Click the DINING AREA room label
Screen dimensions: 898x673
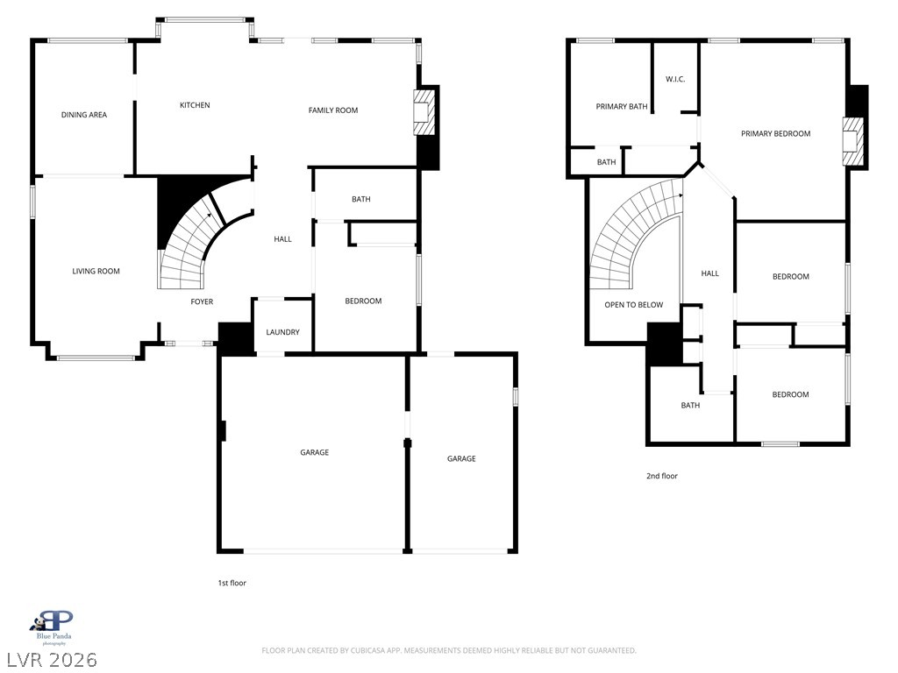(x=84, y=115)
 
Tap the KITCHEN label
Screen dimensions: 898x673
(x=195, y=105)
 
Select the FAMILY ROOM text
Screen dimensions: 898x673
(x=332, y=110)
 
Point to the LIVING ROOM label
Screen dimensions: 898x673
(x=96, y=271)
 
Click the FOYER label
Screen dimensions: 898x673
(x=202, y=301)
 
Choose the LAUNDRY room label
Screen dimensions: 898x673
(x=282, y=332)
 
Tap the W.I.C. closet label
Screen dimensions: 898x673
(x=675, y=79)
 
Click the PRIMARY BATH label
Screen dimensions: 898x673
(x=622, y=106)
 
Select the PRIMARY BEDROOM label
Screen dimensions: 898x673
(x=775, y=133)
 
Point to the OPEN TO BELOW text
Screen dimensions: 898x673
(x=633, y=304)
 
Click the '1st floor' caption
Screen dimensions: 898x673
(x=232, y=583)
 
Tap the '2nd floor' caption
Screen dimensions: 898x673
(x=661, y=476)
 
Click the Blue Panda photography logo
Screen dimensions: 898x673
(x=53, y=627)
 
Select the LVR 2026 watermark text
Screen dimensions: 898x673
(x=52, y=660)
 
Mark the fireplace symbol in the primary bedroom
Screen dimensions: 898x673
(x=852, y=142)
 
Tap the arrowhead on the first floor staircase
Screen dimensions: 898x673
(x=210, y=216)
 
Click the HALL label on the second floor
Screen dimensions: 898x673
(x=709, y=273)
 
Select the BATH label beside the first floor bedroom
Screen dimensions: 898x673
(x=360, y=199)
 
